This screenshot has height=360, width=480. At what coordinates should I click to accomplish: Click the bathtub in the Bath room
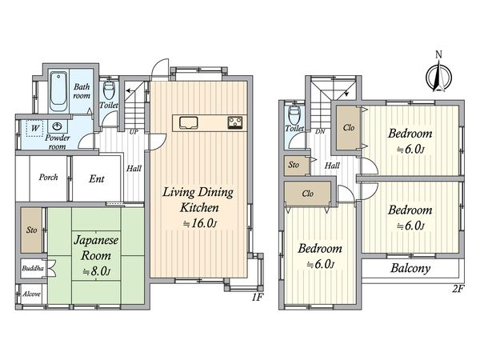58,91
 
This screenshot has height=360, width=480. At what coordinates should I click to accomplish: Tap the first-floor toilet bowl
109,89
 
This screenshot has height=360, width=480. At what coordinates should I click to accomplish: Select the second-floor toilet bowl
294,114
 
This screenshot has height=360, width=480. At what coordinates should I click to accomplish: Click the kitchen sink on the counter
189,122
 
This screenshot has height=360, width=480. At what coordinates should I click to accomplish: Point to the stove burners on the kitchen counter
235,122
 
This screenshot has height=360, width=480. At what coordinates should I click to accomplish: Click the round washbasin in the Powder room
58,126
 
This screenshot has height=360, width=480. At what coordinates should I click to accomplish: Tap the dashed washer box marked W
35,128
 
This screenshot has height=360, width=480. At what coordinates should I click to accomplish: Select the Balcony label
410,269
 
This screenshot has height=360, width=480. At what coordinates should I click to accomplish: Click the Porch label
48,178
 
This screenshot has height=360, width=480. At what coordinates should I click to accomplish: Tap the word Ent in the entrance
97,178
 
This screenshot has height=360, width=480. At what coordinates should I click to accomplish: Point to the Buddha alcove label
33,268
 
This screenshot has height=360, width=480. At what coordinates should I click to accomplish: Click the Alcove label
31,294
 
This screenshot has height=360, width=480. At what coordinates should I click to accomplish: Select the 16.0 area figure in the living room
200,224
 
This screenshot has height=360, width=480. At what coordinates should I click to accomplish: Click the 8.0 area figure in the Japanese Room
96,271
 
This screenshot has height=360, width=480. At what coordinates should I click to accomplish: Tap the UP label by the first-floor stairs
134,132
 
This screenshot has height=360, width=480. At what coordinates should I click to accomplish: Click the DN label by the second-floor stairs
320,132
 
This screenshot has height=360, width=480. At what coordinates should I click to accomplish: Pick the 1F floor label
258,297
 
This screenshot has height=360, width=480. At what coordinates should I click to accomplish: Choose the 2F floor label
458,289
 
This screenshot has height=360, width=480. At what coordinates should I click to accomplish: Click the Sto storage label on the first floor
31,230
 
